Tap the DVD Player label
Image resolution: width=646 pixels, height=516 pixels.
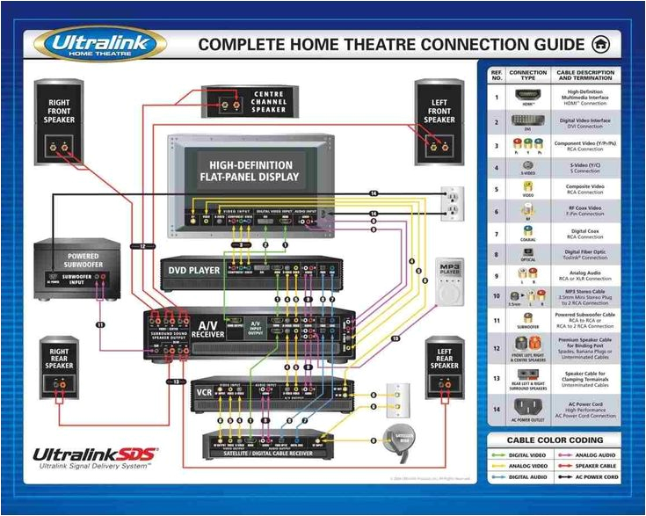194,270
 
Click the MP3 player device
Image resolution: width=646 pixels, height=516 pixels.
449,282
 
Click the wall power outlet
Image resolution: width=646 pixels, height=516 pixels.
452,205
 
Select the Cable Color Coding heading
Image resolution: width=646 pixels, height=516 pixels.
555,440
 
